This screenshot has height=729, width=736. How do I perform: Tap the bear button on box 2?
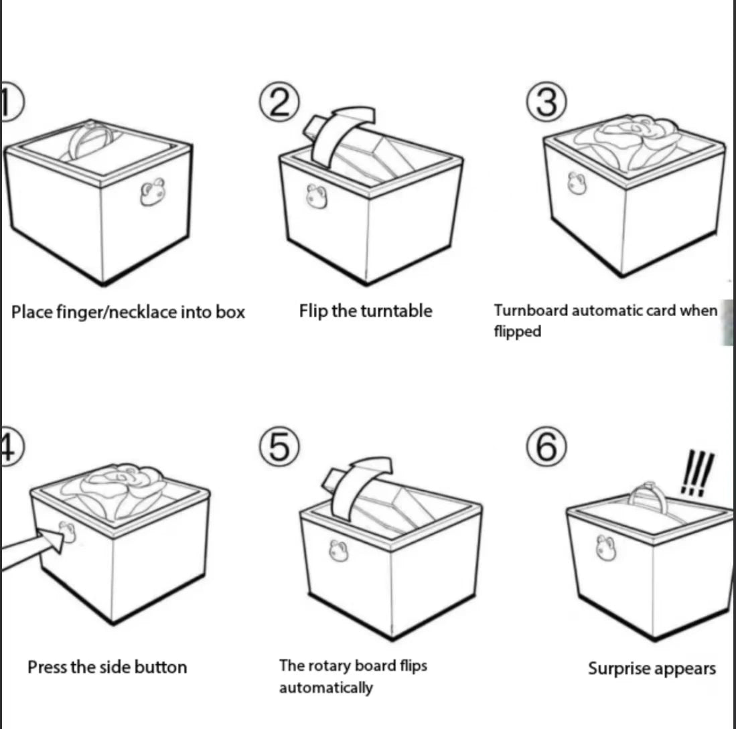tap(314, 197)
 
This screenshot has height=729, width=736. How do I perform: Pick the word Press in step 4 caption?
tap(46, 667)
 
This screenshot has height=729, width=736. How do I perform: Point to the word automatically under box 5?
tap(325, 687)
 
